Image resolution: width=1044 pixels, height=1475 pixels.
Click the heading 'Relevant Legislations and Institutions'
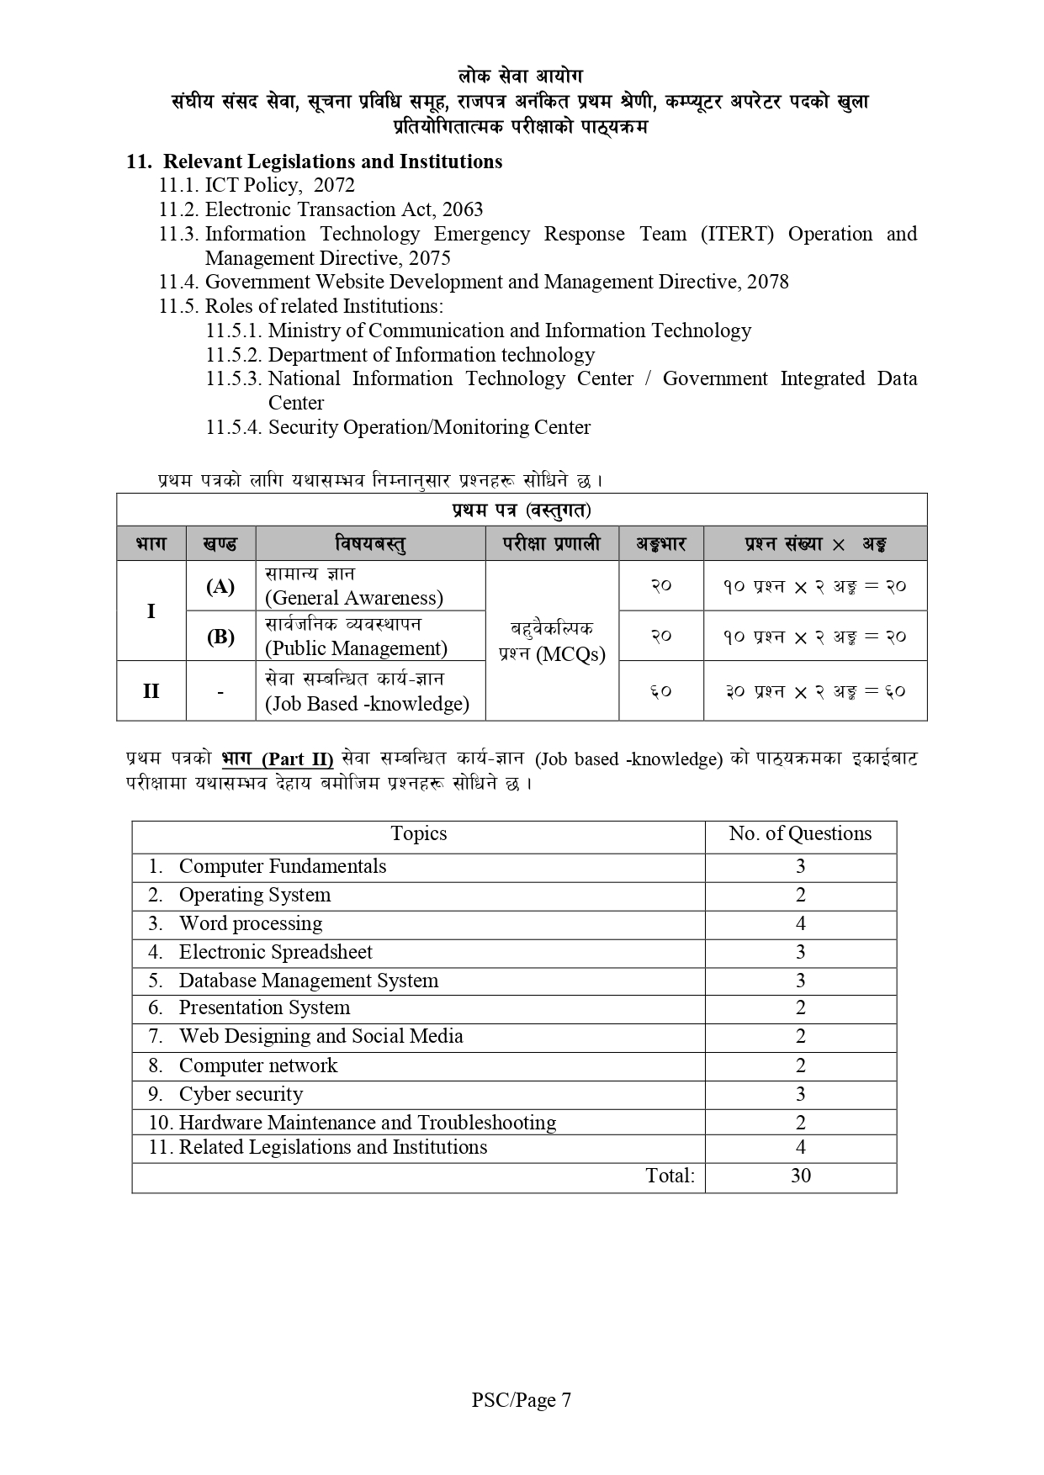(x=332, y=161)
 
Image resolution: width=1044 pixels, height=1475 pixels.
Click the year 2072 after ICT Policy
(x=334, y=186)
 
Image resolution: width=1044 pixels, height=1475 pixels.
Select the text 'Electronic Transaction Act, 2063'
(x=344, y=209)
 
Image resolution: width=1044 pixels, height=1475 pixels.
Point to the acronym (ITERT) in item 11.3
(x=737, y=234)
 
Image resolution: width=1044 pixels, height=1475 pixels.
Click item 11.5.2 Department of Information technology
(x=431, y=355)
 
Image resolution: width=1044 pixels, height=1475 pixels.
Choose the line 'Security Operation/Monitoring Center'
(x=429, y=427)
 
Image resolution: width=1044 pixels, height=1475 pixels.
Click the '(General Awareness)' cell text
(x=353, y=598)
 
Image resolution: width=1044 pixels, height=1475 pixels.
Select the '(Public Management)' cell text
(x=356, y=648)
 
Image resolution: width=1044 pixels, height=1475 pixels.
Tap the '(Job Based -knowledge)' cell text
(x=367, y=704)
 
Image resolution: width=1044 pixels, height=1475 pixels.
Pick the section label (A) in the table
(x=220, y=586)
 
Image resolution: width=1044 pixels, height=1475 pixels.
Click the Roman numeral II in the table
(x=151, y=691)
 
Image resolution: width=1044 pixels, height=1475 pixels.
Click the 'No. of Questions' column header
(x=800, y=833)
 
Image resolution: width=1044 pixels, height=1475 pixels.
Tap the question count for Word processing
(x=801, y=923)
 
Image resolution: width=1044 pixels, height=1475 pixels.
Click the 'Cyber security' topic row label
(x=241, y=1094)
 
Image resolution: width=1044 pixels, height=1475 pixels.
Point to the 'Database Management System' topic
(x=308, y=981)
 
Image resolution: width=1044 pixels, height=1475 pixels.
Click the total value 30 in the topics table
(x=801, y=1176)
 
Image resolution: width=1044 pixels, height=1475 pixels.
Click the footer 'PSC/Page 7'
(x=522, y=1400)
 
